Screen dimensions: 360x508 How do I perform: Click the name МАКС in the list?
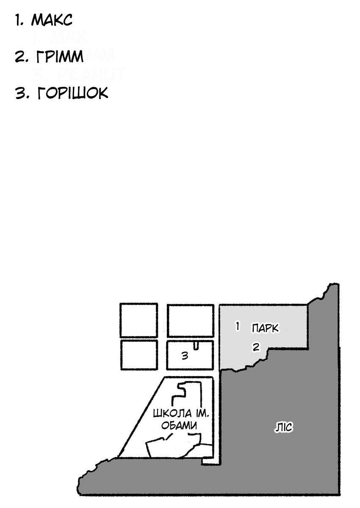tap(52, 20)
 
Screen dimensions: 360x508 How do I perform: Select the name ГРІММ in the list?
tap(60, 56)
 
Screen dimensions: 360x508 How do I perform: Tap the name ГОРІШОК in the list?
tap(72, 93)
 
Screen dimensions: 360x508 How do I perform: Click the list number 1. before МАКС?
tap(19, 20)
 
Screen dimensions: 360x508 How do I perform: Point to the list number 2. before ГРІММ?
tap(22, 56)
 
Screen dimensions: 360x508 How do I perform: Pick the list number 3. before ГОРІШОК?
tap(22, 93)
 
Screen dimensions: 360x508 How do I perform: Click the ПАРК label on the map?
tap(265, 328)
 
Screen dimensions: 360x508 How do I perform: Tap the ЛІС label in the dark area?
tap(284, 428)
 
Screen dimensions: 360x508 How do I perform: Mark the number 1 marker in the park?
tap(237, 326)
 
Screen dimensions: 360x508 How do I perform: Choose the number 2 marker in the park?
tap(256, 347)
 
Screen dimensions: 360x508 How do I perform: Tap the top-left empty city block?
tap(139, 320)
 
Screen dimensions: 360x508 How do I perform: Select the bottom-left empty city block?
tap(139, 355)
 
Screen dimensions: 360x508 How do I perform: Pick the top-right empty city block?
tap(191, 321)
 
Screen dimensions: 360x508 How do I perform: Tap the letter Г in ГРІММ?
tap(41, 56)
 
